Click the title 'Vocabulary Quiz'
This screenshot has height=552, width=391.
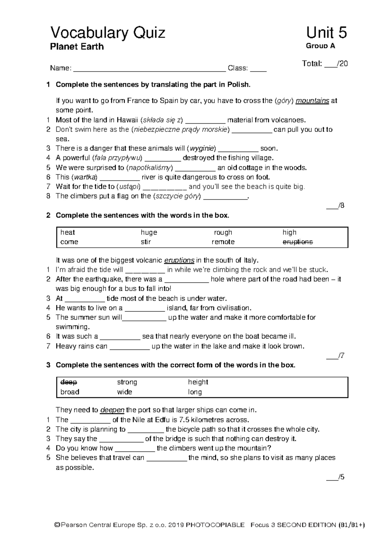click(x=108, y=33)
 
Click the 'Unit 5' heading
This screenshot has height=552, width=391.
click(x=326, y=33)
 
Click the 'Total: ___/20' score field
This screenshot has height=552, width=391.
click(x=325, y=64)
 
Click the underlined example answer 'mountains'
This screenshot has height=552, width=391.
click(x=312, y=101)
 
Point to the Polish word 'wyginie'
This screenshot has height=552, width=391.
click(x=202, y=149)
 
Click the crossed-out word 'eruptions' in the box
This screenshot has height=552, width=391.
click(x=297, y=242)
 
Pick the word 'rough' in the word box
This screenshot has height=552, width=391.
click(x=223, y=232)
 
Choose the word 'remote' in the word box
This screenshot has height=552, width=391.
click(x=223, y=242)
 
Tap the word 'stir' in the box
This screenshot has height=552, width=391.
click(x=146, y=242)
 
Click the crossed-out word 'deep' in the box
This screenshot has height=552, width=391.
click(x=68, y=382)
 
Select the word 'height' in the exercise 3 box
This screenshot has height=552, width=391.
click(x=198, y=382)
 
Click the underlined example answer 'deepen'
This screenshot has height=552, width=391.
click(x=112, y=410)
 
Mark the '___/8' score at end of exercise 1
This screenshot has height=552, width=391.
click(x=335, y=206)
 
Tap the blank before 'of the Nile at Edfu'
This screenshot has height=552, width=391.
click(x=90, y=420)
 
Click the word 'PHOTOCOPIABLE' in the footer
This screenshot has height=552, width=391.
click(x=215, y=525)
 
